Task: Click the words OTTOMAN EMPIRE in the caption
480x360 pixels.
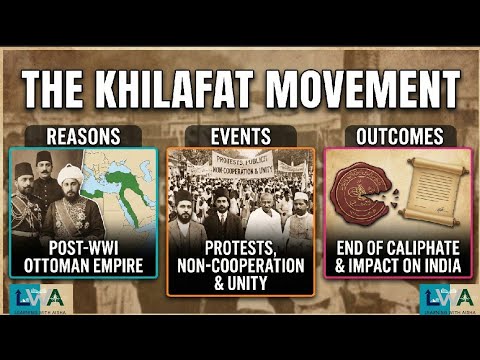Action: point(84,265)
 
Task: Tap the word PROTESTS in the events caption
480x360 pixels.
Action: point(241,248)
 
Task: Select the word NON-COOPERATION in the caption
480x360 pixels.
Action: point(241,266)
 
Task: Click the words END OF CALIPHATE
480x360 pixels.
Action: point(396,248)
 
